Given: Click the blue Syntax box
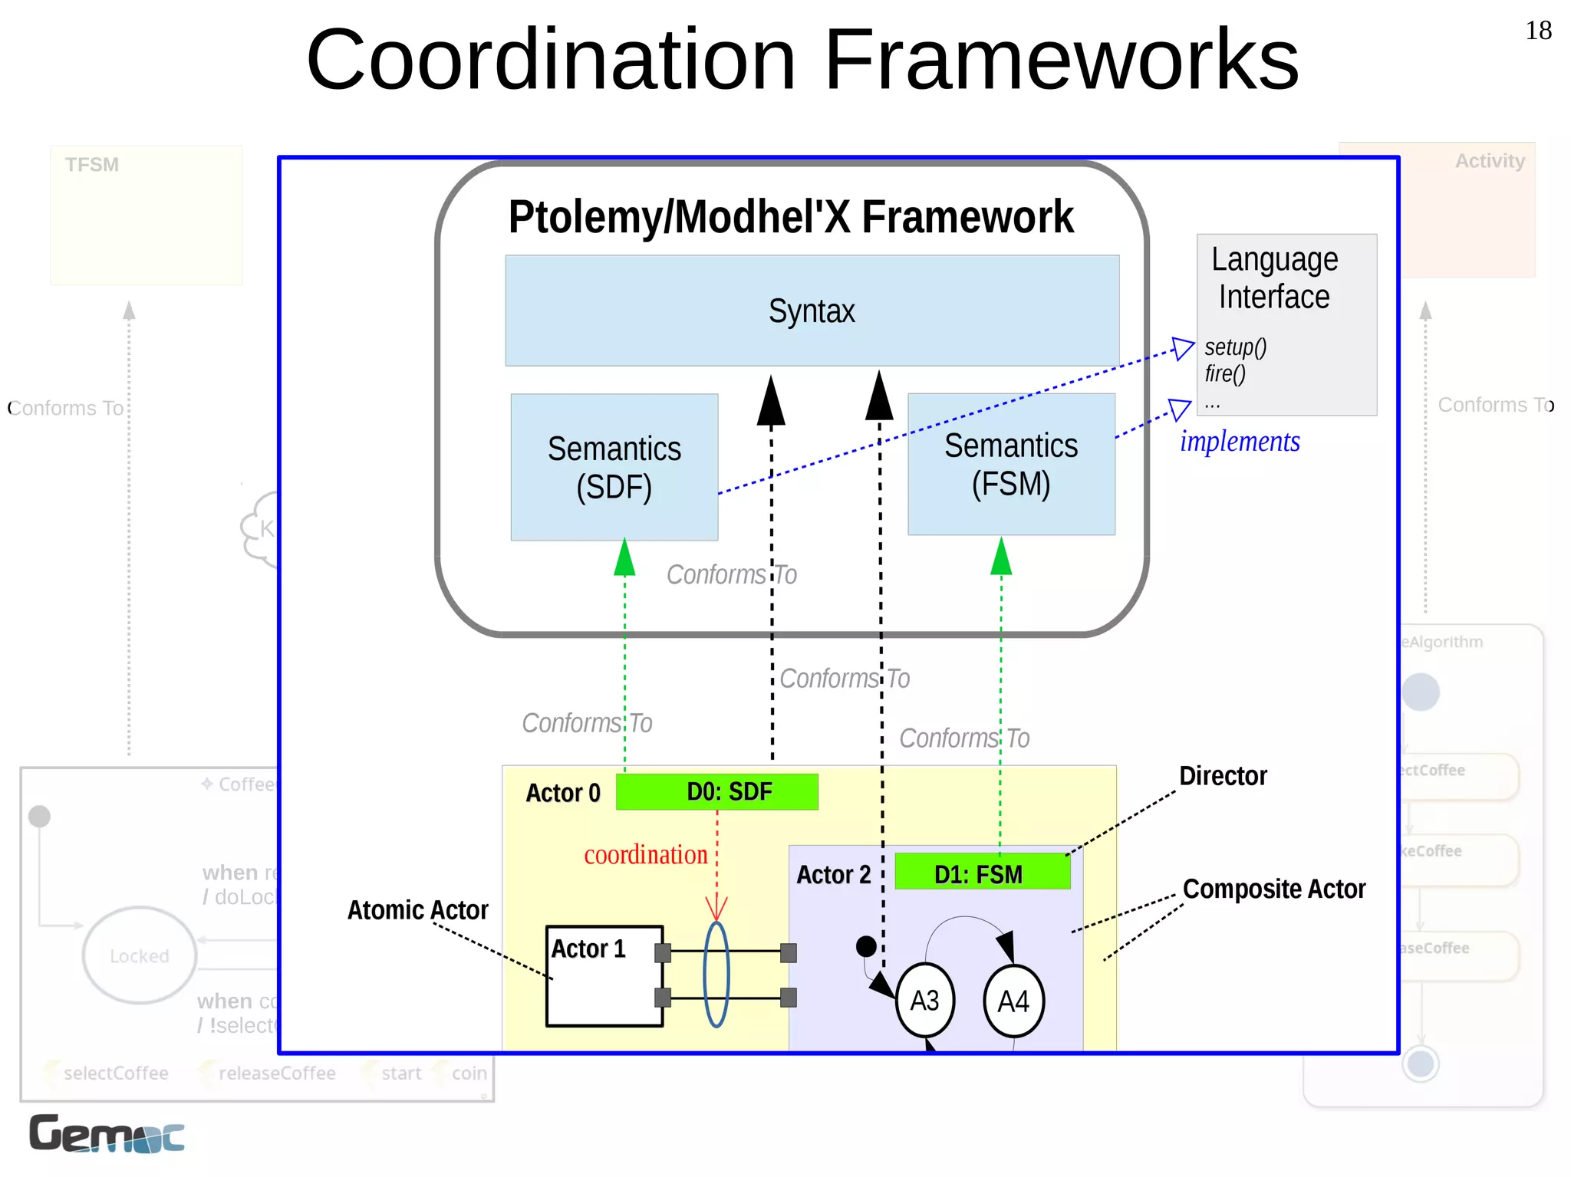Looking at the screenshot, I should point(812,311).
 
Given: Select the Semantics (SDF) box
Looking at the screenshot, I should point(614,467).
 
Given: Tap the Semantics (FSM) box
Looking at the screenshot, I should point(1011,465).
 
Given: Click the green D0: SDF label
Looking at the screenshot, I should point(717,791).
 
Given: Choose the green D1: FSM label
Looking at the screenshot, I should point(982,873).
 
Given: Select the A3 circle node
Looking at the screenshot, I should point(924,1001).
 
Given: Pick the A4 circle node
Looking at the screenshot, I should point(1013,1001).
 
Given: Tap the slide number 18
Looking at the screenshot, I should point(1538,31).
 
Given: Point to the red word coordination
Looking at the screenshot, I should point(646,854).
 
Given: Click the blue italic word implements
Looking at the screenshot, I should point(1240,442).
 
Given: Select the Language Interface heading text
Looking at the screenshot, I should point(1275,278).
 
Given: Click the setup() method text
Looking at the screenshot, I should point(1235,347).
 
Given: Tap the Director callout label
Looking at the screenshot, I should point(1223,775).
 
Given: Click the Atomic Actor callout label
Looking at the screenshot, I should point(417,909).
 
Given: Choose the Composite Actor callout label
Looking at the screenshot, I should point(1273,889).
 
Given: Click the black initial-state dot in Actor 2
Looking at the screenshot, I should point(866,946).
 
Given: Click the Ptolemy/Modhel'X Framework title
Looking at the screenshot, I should point(791,217).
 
